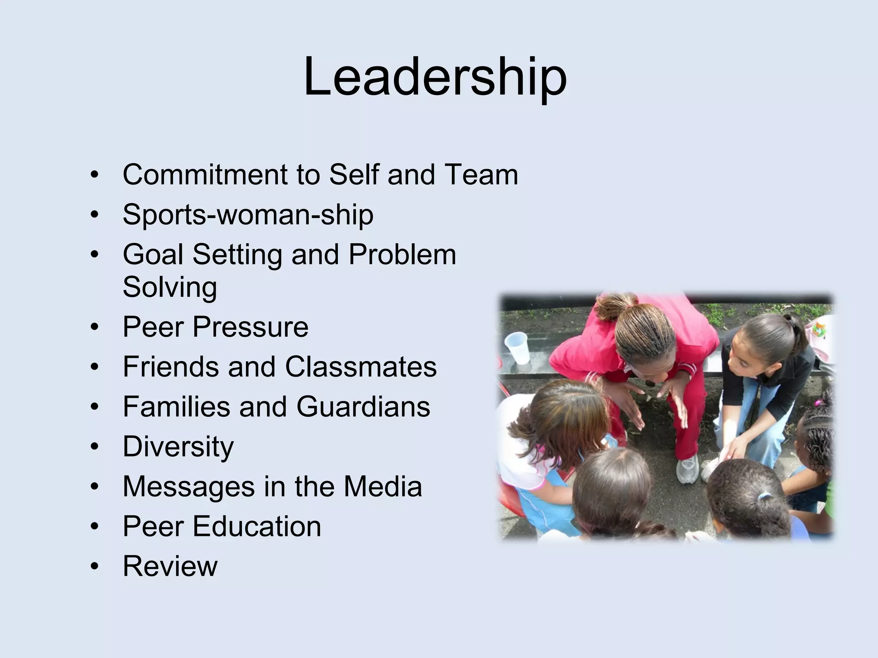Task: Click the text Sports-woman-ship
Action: click(248, 215)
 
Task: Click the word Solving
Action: click(170, 287)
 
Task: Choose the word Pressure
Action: click(250, 327)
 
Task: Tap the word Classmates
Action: click(361, 367)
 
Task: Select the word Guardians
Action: click(363, 407)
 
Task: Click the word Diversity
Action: click(178, 447)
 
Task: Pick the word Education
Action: click(257, 526)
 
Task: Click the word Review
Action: click(170, 566)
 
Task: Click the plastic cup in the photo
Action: click(517, 348)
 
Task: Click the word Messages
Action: click(189, 487)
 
